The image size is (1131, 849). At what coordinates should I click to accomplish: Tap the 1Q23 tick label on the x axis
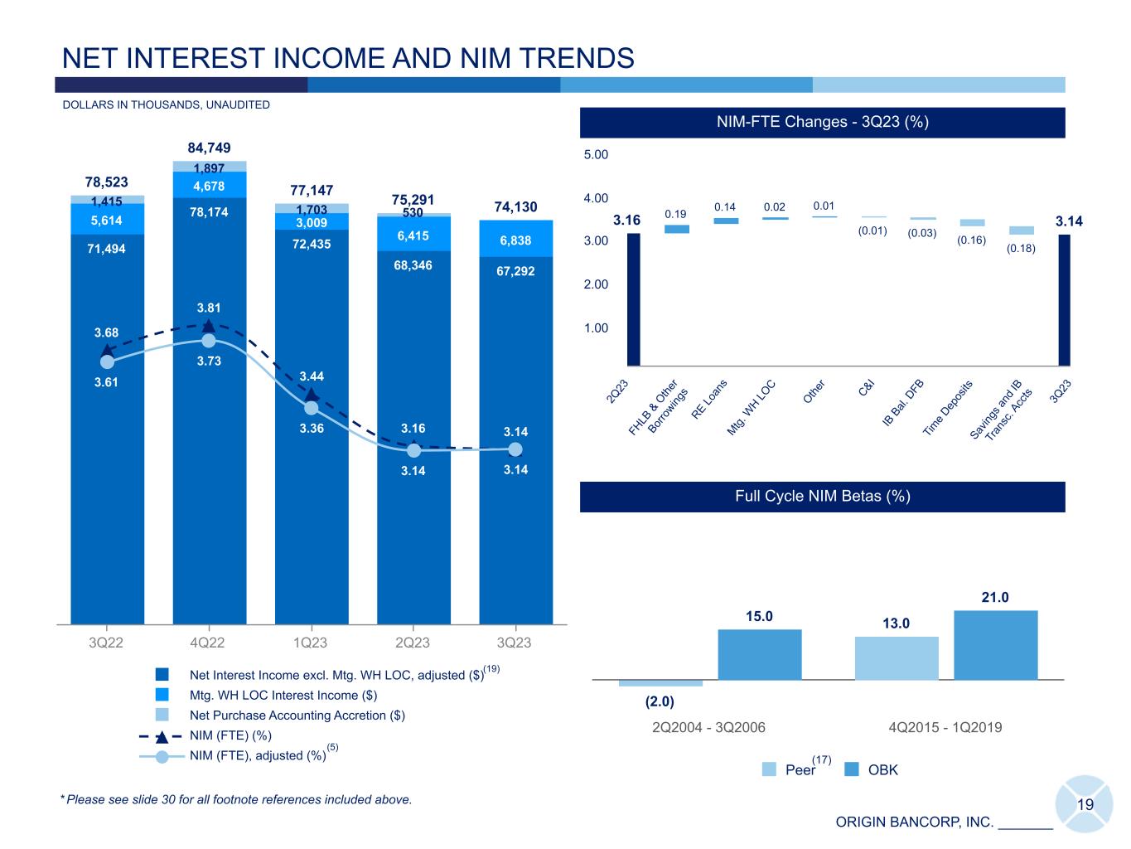[x=311, y=643]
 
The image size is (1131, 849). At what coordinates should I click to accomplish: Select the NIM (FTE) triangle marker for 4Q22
[x=209, y=326]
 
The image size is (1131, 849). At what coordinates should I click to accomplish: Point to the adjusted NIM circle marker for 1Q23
[x=311, y=408]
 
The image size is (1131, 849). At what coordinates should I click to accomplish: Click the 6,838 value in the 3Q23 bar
[x=515, y=240]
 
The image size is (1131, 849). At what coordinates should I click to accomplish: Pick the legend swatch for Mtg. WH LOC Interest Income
[x=162, y=695]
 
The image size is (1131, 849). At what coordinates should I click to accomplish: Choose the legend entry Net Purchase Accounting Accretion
[x=297, y=715]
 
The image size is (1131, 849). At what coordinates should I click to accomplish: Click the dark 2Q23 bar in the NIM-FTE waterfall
[x=634, y=298]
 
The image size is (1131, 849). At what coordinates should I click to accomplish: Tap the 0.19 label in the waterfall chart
[x=676, y=214]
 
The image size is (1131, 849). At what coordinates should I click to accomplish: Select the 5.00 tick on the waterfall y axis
[x=597, y=155]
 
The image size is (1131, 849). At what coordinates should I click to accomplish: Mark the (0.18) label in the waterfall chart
[x=1021, y=247]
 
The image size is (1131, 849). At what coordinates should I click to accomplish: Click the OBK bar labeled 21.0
[x=995, y=645]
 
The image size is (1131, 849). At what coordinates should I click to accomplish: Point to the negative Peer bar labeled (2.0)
[x=660, y=683]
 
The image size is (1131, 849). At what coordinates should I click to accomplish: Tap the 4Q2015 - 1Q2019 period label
[x=945, y=727]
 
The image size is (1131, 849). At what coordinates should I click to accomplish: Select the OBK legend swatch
[x=852, y=769]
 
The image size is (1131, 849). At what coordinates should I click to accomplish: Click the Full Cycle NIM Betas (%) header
[x=822, y=496]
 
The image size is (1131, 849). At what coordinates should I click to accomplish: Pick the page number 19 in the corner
[x=1085, y=804]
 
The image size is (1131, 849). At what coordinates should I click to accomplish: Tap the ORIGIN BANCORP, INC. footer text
[x=914, y=822]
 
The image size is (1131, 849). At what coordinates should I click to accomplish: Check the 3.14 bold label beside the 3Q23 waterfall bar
[x=1069, y=221]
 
